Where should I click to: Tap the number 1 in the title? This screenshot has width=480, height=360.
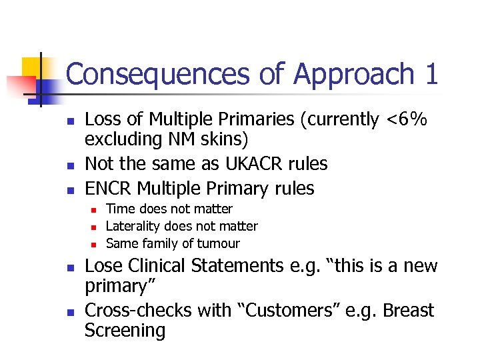point(430,74)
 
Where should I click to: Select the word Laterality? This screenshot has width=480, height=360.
point(137,227)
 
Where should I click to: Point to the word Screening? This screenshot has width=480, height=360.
point(125,331)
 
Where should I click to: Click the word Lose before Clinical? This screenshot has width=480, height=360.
point(103,266)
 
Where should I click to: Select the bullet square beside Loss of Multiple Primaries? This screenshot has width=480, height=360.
point(68,121)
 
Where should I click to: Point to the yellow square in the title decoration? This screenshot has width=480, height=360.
point(32,67)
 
